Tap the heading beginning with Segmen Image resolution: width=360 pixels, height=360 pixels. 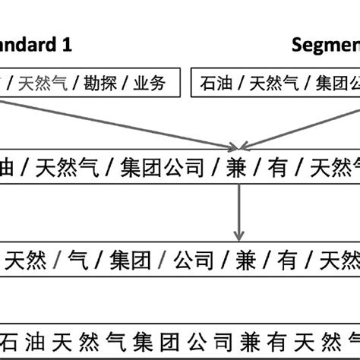click(326, 45)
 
